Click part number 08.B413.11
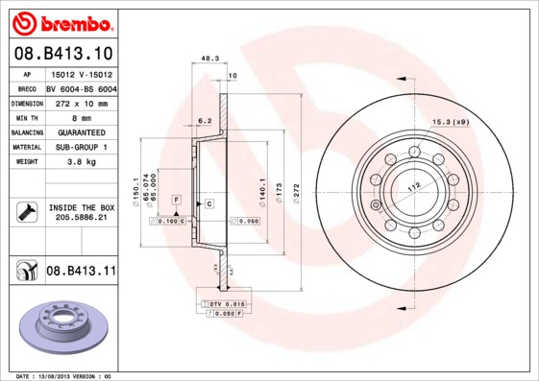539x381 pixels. [81, 272]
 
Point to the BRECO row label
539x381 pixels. [27, 87]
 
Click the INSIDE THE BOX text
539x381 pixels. [81, 207]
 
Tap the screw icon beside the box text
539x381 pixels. [27, 212]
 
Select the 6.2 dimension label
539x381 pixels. [204, 121]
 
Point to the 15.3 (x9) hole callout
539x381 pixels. [449, 121]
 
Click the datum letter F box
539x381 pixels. [177, 198]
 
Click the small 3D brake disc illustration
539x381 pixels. [60, 322]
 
